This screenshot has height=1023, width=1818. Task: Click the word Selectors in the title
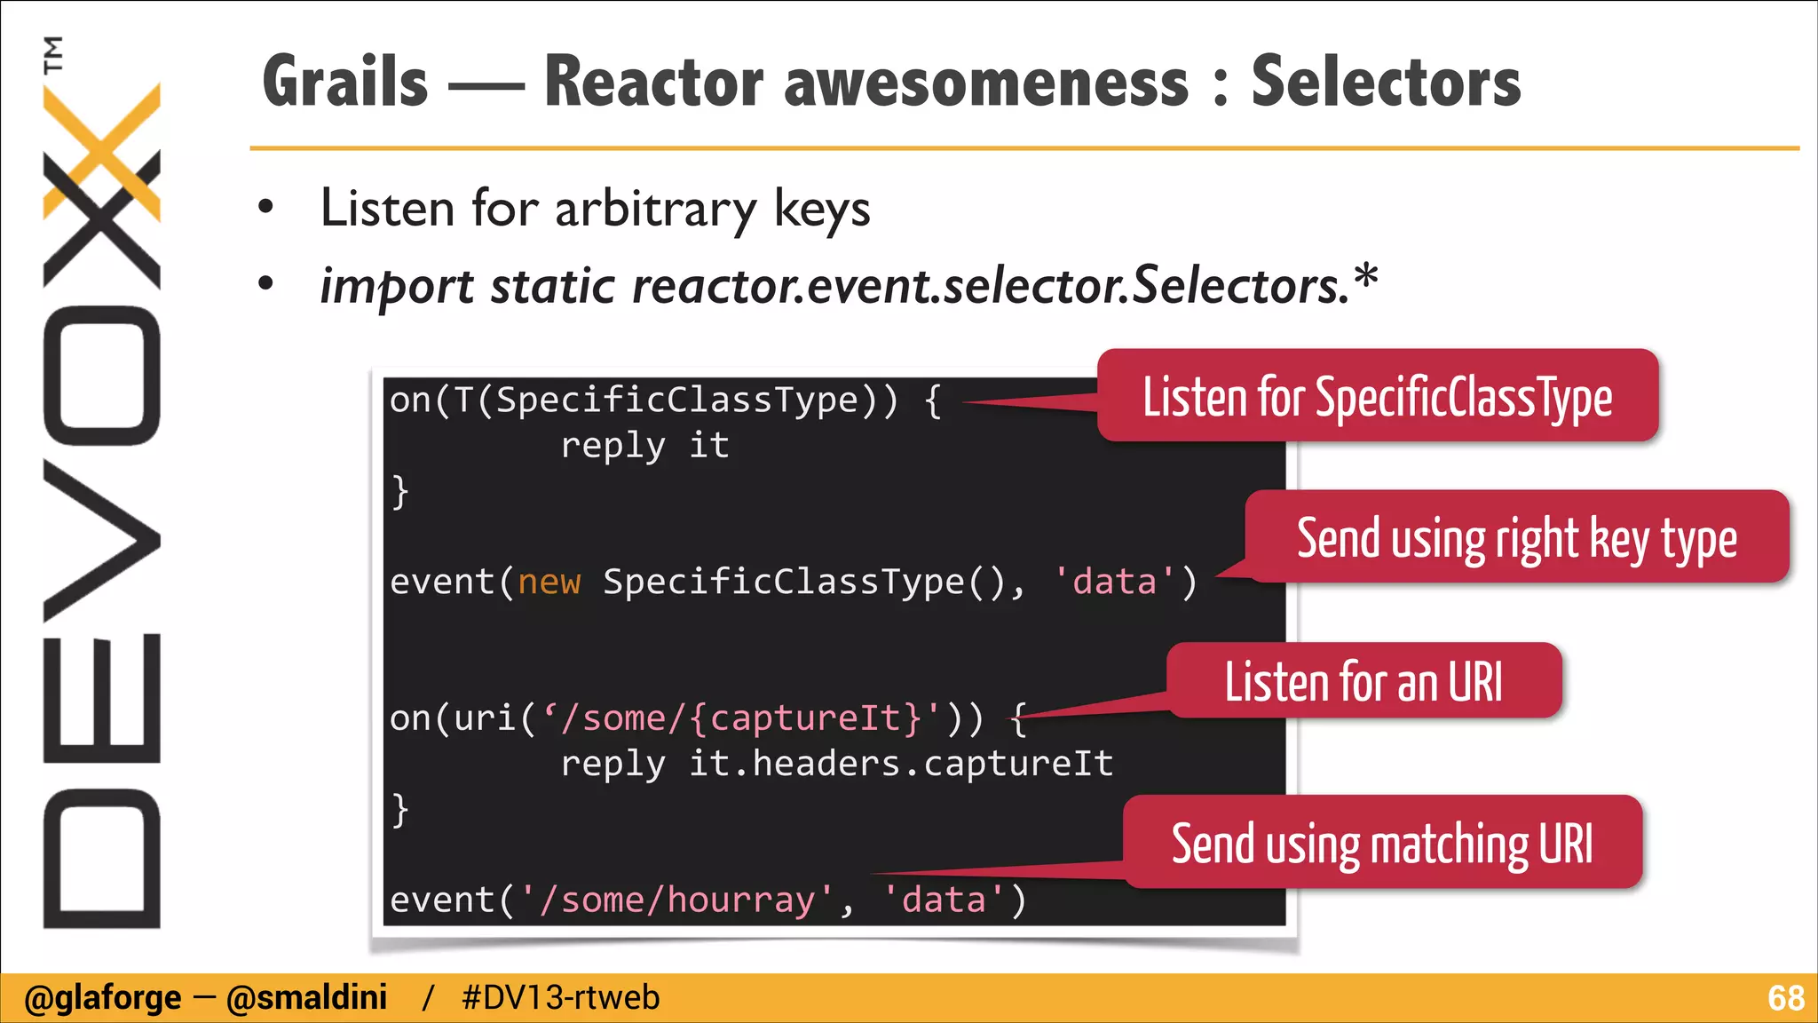(1386, 82)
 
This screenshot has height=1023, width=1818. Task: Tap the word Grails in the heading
(345, 82)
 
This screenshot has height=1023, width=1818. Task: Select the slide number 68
(1785, 998)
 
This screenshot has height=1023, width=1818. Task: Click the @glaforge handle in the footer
(102, 998)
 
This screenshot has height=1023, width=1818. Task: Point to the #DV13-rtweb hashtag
(560, 998)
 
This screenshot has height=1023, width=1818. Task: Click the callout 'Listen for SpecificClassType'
(1377, 397)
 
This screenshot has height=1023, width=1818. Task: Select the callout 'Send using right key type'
(1516, 538)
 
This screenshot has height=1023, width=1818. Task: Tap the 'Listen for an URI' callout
(1363, 682)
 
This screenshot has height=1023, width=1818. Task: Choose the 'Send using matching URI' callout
(1382, 844)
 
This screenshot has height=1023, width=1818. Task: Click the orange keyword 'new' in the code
(549, 583)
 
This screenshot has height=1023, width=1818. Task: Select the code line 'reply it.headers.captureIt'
(836, 764)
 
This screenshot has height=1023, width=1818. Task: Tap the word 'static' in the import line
(552, 286)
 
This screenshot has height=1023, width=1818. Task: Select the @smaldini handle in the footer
(306, 998)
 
